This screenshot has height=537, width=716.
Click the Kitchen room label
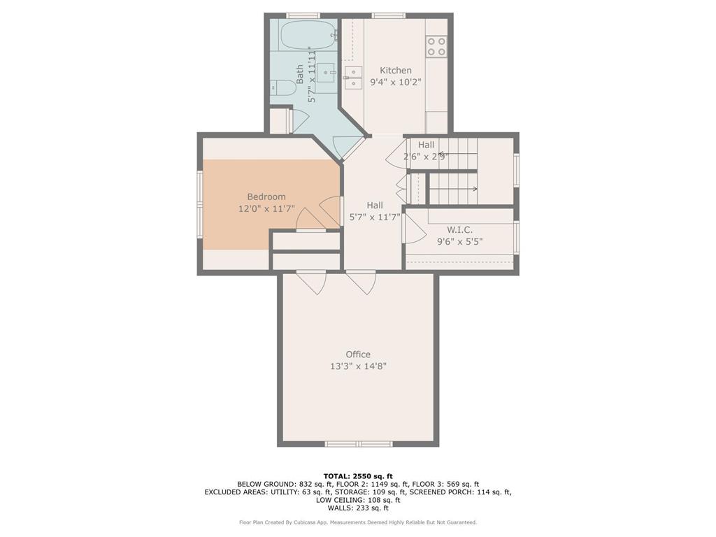[x=396, y=71]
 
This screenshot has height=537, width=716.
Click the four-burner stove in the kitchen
[x=436, y=46]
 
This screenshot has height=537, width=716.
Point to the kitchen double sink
[x=353, y=78]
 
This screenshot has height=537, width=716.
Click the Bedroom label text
[x=266, y=196]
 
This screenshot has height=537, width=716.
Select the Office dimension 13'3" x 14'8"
[x=358, y=366]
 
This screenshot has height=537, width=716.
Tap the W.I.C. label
[x=459, y=229]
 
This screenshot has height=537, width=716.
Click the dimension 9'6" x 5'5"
[x=459, y=241]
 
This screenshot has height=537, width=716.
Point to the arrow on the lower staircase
[x=454, y=189]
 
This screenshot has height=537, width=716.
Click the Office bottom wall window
[x=359, y=444]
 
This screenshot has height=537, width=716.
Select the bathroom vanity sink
[x=327, y=73]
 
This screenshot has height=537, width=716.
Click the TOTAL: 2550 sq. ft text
[x=358, y=475]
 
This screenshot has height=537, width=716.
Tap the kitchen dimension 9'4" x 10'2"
[x=396, y=83]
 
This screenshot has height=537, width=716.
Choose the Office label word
[x=358, y=355]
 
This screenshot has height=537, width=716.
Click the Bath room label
[x=299, y=74]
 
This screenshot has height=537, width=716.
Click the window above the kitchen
[x=389, y=16]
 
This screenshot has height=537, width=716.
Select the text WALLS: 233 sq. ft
[x=358, y=508]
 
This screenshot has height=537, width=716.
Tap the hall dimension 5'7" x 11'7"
[x=375, y=217]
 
